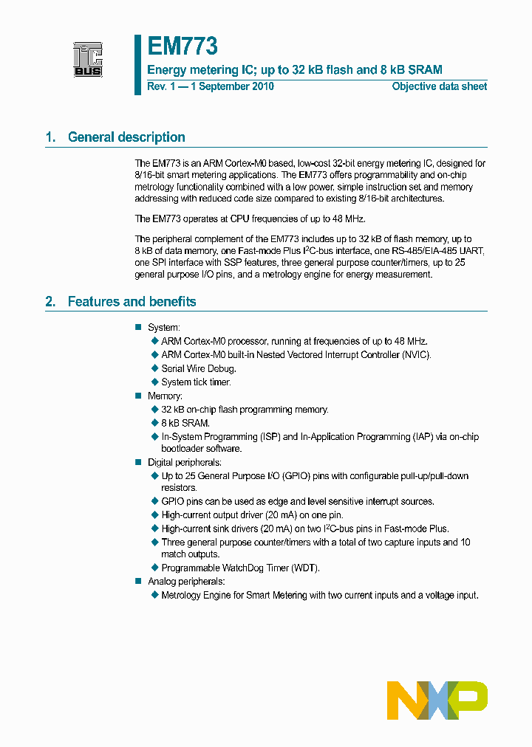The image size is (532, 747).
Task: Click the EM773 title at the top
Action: click(x=182, y=47)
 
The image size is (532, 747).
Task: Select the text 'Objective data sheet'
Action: click(x=439, y=86)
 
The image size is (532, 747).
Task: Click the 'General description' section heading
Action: click(x=126, y=137)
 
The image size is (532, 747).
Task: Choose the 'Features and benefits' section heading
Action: click(x=132, y=302)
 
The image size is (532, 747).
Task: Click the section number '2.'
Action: click(x=50, y=302)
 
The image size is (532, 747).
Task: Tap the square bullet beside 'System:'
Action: click(x=137, y=327)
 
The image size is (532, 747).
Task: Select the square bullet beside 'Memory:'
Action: click(x=137, y=396)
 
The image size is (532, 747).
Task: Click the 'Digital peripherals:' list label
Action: click(x=184, y=462)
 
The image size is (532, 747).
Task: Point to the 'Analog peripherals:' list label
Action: click(x=185, y=582)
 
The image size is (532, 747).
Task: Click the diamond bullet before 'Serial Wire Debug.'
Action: click(x=155, y=368)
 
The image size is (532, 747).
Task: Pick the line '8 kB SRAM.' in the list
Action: click(x=185, y=423)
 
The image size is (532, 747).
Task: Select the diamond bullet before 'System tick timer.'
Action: click(x=155, y=382)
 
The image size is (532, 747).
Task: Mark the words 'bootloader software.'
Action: click(x=201, y=448)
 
